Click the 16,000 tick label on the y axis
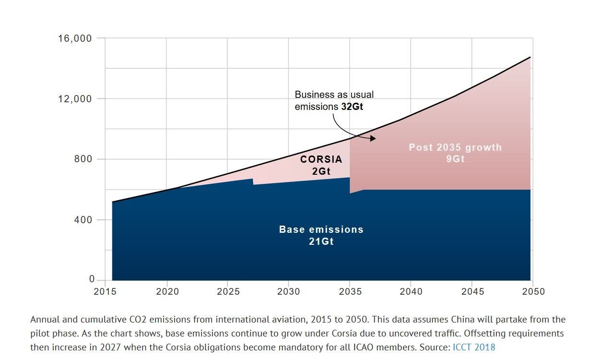(x=74, y=38)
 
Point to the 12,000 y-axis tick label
(x=74, y=99)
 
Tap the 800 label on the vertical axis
(x=83, y=159)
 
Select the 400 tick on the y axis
(x=83, y=220)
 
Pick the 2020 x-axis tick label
(x=166, y=292)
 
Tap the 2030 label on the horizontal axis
(x=289, y=292)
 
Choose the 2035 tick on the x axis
(x=350, y=292)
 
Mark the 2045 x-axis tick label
(x=472, y=292)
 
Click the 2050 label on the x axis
(x=533, y=292)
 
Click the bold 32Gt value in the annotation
(x=352, y=107)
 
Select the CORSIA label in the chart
(x=321, y=159)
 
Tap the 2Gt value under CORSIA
(x=321, y=171)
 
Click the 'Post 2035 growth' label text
(x=455, y=147)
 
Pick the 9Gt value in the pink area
(x=455, y=159)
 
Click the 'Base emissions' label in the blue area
(x=321, y=229)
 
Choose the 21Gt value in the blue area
(x=321, y=241)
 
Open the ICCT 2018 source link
(x=474, y=347)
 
